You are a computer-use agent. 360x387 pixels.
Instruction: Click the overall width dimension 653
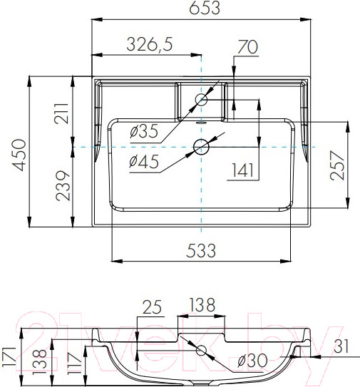201,9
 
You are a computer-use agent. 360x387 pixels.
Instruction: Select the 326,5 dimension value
150,44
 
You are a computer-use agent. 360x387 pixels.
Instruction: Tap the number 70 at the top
247,48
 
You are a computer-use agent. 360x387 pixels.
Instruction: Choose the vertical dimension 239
61,185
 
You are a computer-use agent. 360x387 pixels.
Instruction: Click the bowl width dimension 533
202,250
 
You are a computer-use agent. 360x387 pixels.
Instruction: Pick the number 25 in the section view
150,306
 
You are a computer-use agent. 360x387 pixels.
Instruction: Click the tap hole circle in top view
202,100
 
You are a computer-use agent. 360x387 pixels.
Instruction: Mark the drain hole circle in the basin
202,148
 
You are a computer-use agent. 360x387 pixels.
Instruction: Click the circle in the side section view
202,350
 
